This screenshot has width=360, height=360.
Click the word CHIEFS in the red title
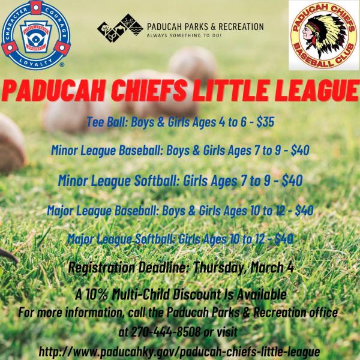[x=170, y=94]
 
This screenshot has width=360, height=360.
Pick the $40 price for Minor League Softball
[x=289, y=179]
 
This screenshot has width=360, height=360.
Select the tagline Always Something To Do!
[x=180, y=36]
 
